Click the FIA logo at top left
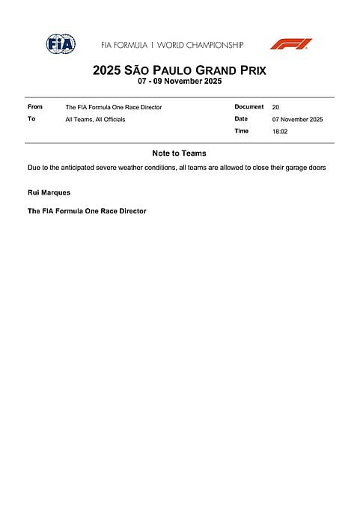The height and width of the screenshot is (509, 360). (61, 44)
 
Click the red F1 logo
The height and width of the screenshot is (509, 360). (291, 44)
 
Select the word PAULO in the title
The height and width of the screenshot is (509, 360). (174, 71)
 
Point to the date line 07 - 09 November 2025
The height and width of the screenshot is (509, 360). (180, 82)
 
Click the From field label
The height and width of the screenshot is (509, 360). (35, 107)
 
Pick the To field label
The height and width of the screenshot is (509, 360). (31, 119)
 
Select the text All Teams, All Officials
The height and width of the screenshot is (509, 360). (95, 120)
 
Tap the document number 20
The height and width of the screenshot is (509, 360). (275, 108)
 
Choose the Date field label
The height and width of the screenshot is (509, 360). (240, 119)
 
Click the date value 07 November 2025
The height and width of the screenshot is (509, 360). (297, 120)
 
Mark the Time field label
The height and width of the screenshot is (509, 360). (241, 131)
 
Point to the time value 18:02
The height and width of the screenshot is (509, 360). (279, 132)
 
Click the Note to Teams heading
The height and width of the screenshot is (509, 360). (179, 153)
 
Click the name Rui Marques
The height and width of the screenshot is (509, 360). (49, 193)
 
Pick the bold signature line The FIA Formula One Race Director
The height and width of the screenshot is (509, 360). (87, 212)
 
